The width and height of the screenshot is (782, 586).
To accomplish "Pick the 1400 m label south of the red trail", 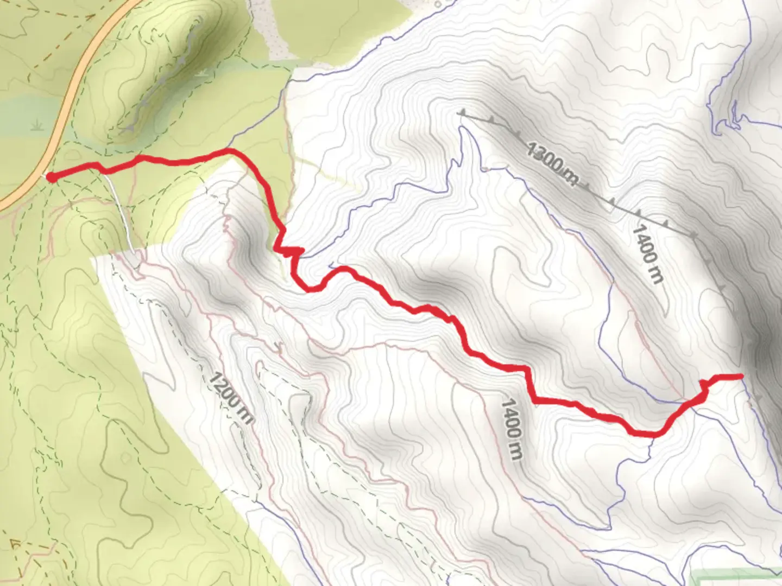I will point(512,429).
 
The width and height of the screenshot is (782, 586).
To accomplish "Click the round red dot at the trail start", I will point(51,177).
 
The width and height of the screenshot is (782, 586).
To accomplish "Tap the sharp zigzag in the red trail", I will point(289,251).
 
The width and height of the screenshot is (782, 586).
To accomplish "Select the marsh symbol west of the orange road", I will point(37,126).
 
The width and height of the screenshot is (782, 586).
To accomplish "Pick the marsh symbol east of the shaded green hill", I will point(202,72).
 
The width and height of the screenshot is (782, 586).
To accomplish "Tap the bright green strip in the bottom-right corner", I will point(733,575).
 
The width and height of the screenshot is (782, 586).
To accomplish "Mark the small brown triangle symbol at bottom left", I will point(15,544).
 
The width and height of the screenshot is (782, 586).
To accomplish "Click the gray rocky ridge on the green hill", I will point(163,81).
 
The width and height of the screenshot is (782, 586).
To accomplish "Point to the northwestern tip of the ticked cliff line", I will point(463,113).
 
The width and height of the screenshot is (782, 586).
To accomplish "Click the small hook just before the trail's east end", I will point(704,386).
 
